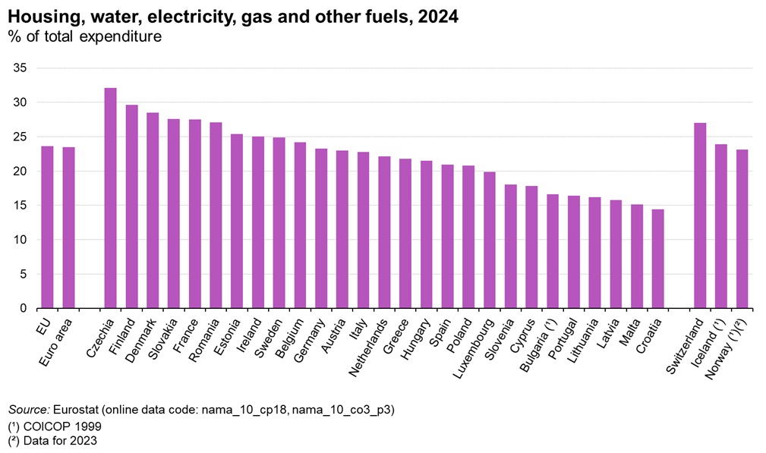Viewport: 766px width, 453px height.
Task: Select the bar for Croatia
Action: (657, 259)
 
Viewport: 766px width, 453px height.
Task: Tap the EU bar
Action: (47, 227)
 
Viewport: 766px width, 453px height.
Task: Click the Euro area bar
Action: (68, 228)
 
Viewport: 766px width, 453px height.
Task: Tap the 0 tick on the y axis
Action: (24, 309)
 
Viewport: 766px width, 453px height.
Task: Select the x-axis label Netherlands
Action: (369, 341)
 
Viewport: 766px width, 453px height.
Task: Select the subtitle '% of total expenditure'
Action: (84, 36)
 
